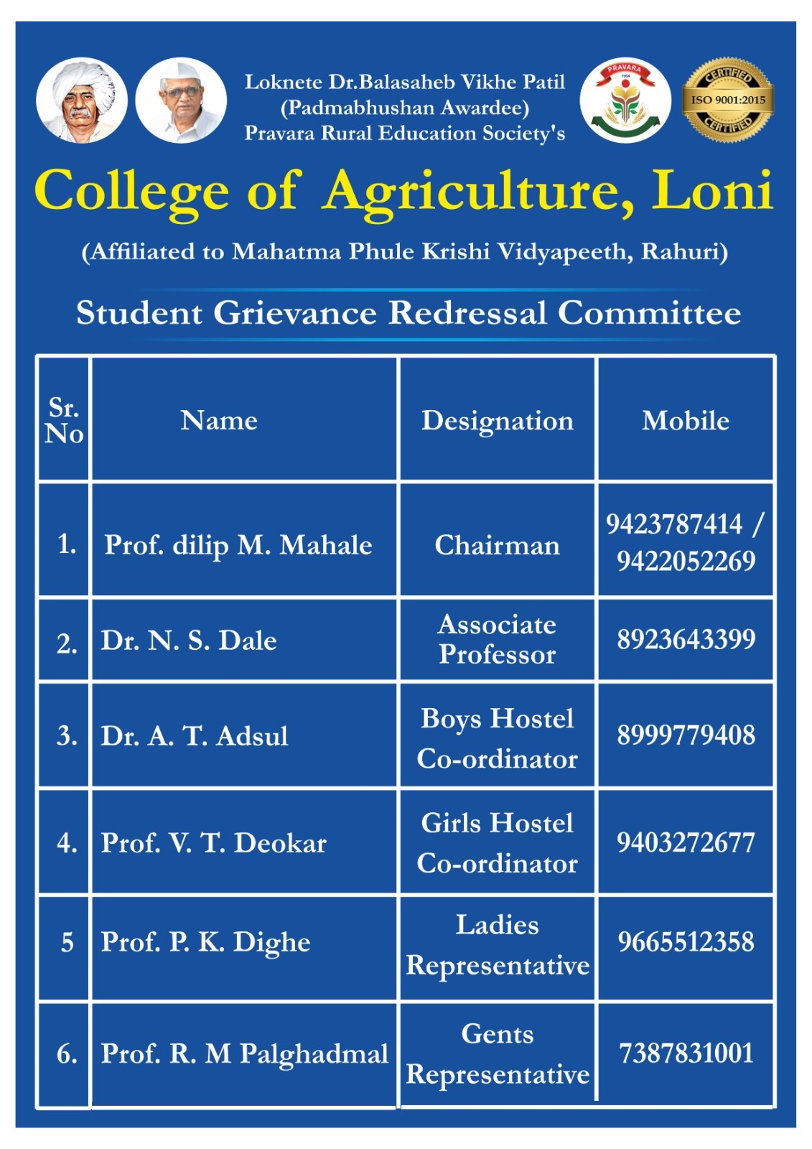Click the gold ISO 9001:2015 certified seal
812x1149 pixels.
click(x=727, y=100)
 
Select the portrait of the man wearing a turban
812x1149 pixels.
click(x=81, y=101)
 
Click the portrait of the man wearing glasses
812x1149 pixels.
click(x=181, y=101)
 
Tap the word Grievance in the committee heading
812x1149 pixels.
click(x=295, y=313)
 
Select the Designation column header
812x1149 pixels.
click(x=497, y=421)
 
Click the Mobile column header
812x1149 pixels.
click(x=685, y=421)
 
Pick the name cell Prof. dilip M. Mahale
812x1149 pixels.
click(x=238, y=545)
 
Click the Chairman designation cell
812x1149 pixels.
click(x=497, y=545)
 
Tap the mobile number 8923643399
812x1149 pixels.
click(x=686, y=639)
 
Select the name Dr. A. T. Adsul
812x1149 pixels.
click(x=195, y=736)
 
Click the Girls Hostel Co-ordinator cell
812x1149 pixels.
click(x=497, y=843)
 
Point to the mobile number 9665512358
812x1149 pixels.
click(x=686, y=941)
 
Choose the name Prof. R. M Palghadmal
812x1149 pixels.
click(x=244, y=1053)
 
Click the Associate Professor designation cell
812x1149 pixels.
click(x=497, y=640)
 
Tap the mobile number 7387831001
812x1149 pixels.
click(x=686, y=1053)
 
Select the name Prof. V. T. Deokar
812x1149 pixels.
click(x=213, y=843)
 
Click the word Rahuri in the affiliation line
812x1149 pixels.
click(x=683, y=252)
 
